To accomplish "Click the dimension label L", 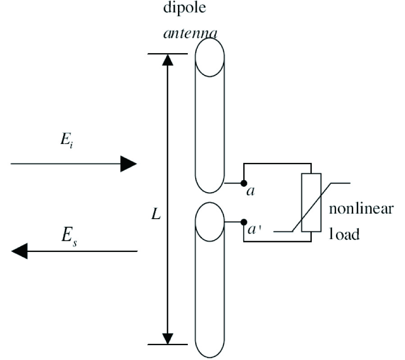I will [156, 215].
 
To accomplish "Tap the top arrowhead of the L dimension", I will [168, 60].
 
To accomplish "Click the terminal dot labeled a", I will [243, 183].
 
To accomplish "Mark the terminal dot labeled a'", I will [243, 222].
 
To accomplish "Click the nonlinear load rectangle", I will [311, 202].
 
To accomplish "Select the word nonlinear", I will [362, 210].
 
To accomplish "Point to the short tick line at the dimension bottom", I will [168, 345].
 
